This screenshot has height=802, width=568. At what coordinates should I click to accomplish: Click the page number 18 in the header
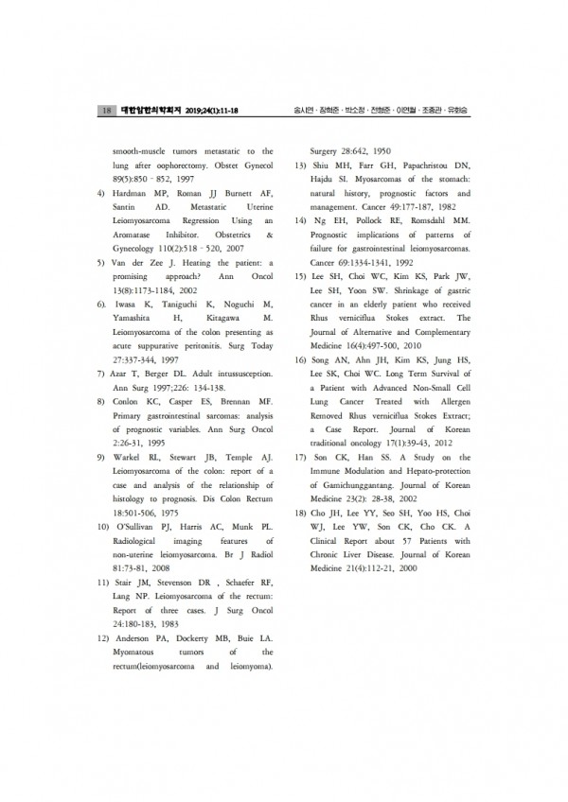tap(106, 111)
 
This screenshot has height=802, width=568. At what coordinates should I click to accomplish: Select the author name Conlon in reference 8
tap(132, 400)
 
